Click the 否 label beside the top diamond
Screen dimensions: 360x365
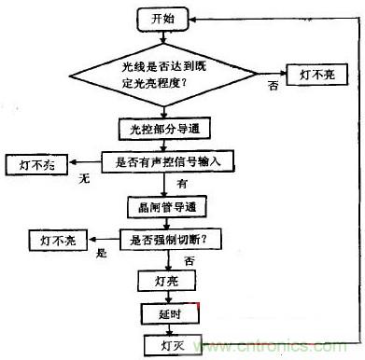click(x=274, y=86)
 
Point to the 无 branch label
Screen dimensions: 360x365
click(x=83, y=176)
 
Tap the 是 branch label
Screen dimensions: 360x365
click(x=103, y=253)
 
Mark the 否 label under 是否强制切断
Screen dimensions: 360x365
click(x=189, y=260)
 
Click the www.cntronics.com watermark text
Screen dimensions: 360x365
click(x=280, y=348)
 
